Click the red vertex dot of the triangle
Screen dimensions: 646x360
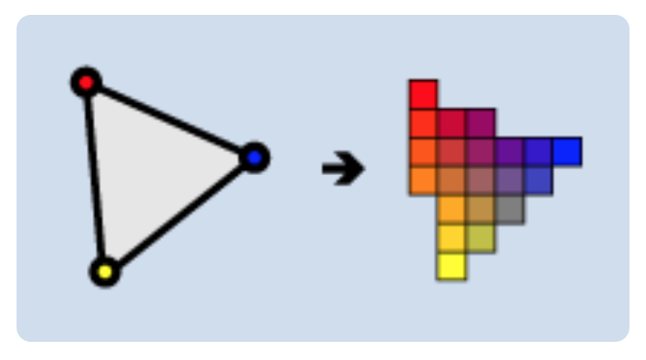86,83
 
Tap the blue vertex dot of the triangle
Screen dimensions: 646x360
254,156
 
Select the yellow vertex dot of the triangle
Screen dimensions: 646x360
105,271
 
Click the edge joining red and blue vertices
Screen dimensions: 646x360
169,120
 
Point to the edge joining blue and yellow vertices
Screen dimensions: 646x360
179,214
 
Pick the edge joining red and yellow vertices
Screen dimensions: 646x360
95,177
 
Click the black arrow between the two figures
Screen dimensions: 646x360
343,169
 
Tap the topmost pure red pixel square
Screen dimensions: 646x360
423,94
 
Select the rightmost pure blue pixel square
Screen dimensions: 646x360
567,152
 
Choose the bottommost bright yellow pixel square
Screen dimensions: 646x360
451,266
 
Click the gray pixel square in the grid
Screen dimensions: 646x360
509,209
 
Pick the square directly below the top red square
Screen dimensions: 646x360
423,123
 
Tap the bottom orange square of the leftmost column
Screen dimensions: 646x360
423,180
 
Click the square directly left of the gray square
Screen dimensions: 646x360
480,209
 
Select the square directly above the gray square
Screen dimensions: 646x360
509,180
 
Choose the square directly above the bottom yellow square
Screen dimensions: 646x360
451,238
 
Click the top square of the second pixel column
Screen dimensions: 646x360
451,123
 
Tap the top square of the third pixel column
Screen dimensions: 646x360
480,123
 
